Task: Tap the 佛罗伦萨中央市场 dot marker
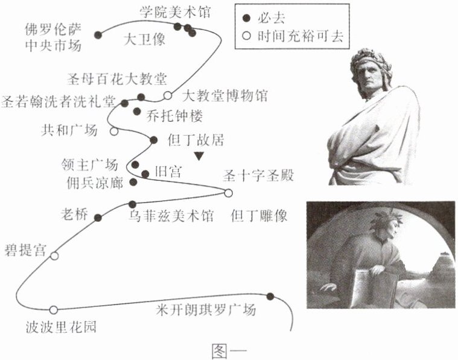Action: (98, 35)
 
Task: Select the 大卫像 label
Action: (144, 40)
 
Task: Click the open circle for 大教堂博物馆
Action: (168, 95)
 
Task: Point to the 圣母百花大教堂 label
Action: (119, 79)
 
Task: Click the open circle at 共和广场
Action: (114, 131)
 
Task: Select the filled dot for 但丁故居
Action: (153, 140)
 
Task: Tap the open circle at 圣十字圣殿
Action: (228, 193)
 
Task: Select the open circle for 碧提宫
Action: (54, 256)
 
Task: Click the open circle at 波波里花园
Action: (53, 310)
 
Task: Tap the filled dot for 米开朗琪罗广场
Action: (270, 296)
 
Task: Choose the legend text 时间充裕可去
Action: (299, 35)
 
